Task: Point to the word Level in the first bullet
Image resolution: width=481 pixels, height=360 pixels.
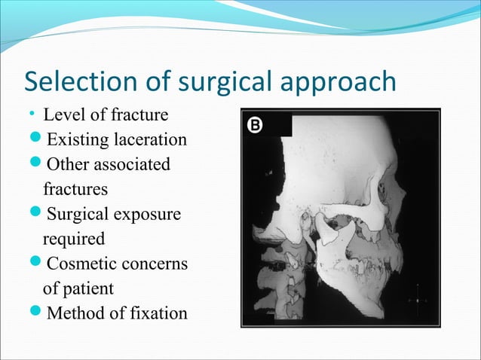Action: pos(63,116)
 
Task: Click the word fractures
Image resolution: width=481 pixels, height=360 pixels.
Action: pos(75,188)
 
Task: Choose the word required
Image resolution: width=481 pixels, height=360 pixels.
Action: pos(74,239)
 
